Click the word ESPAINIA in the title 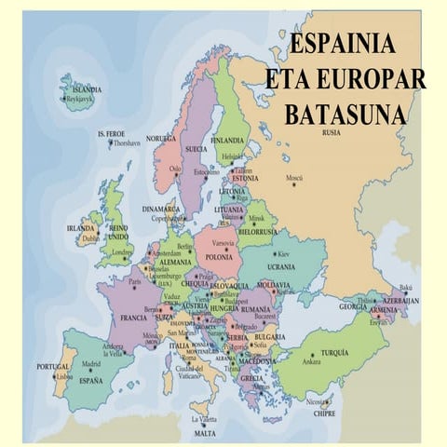343,44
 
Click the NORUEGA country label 160,138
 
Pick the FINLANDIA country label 228,140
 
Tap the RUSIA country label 331,132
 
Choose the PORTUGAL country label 52,367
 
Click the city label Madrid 91,364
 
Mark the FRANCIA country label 133,318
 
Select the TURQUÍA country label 334,353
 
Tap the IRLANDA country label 81,228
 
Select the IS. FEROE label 113,135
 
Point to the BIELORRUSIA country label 258,231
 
